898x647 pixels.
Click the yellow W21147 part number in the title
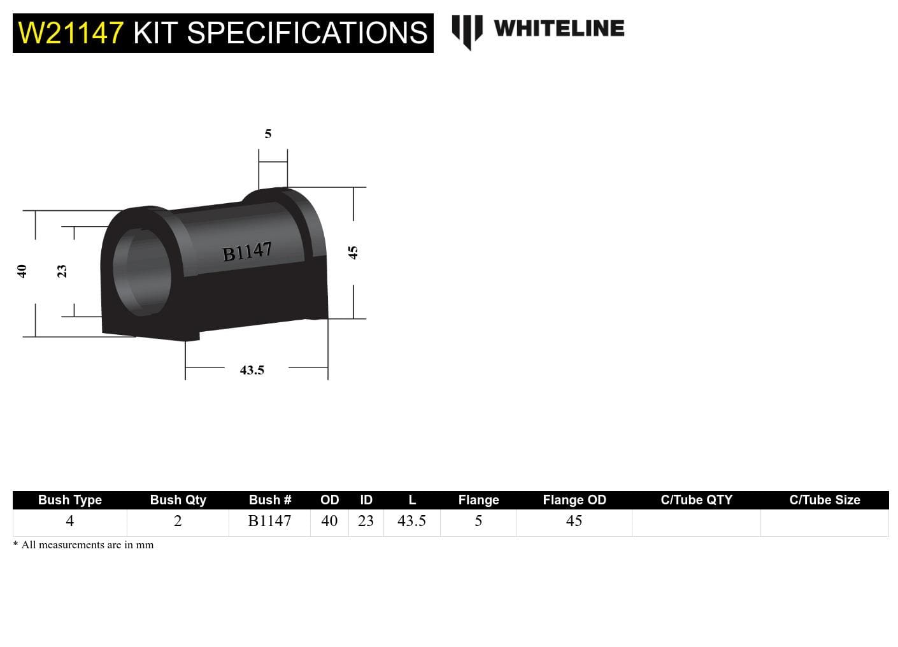click(x=70, y=32)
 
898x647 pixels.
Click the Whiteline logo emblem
click(x=467, y=31)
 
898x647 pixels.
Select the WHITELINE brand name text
click(x=559, y=28)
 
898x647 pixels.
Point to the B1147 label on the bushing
click(x=246, y=252)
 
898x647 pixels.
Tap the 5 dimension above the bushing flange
click(x=268, y=134)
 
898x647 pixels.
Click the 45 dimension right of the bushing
click(x=353, y=253)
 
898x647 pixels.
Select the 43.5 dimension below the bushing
click(x=252, y=370)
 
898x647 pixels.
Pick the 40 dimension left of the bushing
click(x=22, y=271)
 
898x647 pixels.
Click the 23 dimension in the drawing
click(x=62, y=271)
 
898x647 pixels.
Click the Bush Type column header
click(x=70, y=500)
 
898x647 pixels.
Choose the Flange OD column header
click(x=574, y=500)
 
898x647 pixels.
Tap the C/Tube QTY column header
click(x=696, y=500)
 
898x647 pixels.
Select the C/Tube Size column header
click(x=824, y=500)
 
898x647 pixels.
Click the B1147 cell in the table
click(x=269, y=521)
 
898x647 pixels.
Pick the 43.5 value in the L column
click(x=411, y=521)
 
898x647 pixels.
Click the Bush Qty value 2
click(x=178, y=521)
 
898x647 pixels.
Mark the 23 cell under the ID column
click(x=366, y=521)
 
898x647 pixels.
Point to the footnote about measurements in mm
click(x=83, y=545)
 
